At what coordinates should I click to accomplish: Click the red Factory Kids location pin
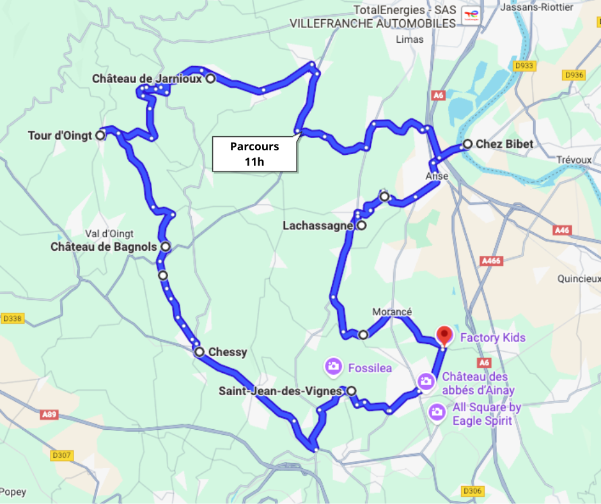(444, 335)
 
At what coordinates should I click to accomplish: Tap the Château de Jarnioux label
(146, 79)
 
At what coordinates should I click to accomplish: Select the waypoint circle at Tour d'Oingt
(100, 136)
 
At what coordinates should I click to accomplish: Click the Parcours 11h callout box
(254, 154)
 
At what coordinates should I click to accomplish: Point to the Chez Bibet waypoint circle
(468, 144)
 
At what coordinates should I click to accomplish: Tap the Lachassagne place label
(318, 226)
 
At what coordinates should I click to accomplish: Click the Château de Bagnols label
(104, 246)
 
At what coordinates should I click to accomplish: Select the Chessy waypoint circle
(199, 352)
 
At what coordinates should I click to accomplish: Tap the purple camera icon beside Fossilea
(332, 367)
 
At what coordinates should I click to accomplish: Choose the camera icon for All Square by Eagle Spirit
(437, 412)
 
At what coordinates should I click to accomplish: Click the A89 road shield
(49, 414)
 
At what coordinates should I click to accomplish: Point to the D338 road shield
(13, 318)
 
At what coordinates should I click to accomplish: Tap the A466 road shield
(490, 260)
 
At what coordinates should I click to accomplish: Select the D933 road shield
(524, 66)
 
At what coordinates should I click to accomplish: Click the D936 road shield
(574, 75)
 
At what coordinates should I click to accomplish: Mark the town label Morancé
(392, 311)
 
